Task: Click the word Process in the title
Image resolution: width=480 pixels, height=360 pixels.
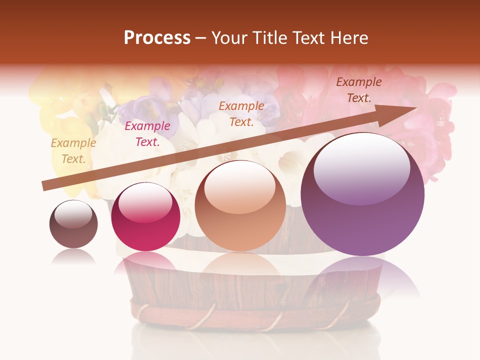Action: coord(157,38)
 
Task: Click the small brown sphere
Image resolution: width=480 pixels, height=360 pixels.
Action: coord(73,224)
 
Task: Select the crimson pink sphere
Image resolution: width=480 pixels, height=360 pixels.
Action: coord(145,217)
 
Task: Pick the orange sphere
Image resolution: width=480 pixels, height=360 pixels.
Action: coord(240,206)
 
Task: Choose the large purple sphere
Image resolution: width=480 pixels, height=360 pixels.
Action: coord(362,194)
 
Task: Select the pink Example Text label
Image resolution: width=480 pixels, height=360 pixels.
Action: coord(147,134)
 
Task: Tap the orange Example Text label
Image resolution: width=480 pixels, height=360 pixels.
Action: coord(241,114)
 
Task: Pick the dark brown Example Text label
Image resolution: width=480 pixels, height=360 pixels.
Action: coord(359,90)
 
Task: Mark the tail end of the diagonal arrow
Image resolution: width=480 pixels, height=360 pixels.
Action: coord(46,186)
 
